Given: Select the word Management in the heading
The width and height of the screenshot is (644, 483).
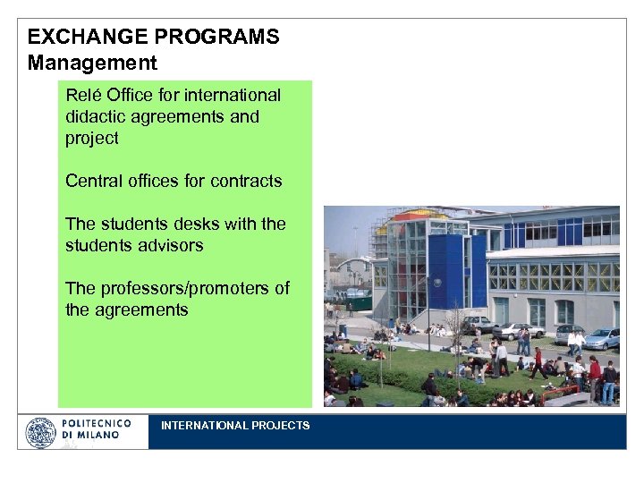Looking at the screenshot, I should [x=92, y=64].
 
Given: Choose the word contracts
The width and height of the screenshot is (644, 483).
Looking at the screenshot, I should [x=245, y=181].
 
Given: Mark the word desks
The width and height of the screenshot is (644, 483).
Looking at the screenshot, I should [x=193, y=224].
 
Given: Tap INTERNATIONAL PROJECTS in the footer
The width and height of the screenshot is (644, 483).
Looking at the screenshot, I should [x=235, y=426].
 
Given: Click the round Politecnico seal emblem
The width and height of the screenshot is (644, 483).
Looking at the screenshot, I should [x=40, y=433].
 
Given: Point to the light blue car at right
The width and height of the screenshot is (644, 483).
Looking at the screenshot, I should [x=602, y=338].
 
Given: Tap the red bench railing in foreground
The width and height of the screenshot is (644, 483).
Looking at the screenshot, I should [x=558, y=391].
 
